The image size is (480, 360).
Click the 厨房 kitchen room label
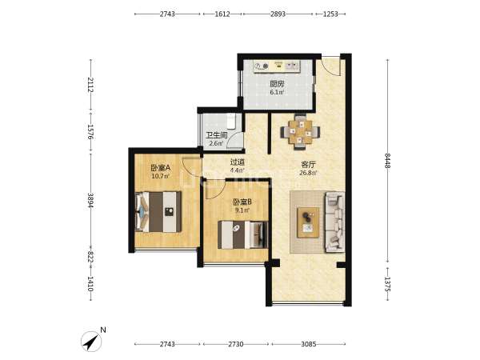[277, 83]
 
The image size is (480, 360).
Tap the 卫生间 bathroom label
[217, 135]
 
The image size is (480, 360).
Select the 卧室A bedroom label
[160, 168]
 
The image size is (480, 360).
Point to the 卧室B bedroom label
[242, 202]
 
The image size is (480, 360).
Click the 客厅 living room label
[308, 165]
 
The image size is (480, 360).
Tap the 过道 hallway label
[238, 162]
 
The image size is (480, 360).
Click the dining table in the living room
[300, 132]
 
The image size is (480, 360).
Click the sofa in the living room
[334, 222]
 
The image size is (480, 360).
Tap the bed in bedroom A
[158, 212]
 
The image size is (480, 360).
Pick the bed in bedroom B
[242, 234]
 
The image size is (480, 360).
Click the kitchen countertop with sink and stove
[277, 66]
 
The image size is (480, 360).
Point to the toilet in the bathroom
[231, 121]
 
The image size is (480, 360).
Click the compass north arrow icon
[91, 342]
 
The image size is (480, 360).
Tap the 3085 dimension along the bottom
[308, 344]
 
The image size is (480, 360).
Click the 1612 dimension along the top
[222, 14]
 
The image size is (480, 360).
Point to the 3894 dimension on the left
[90, 200]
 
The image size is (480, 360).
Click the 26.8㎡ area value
[308, 173]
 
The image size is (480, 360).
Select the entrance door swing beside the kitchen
[330, 66]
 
